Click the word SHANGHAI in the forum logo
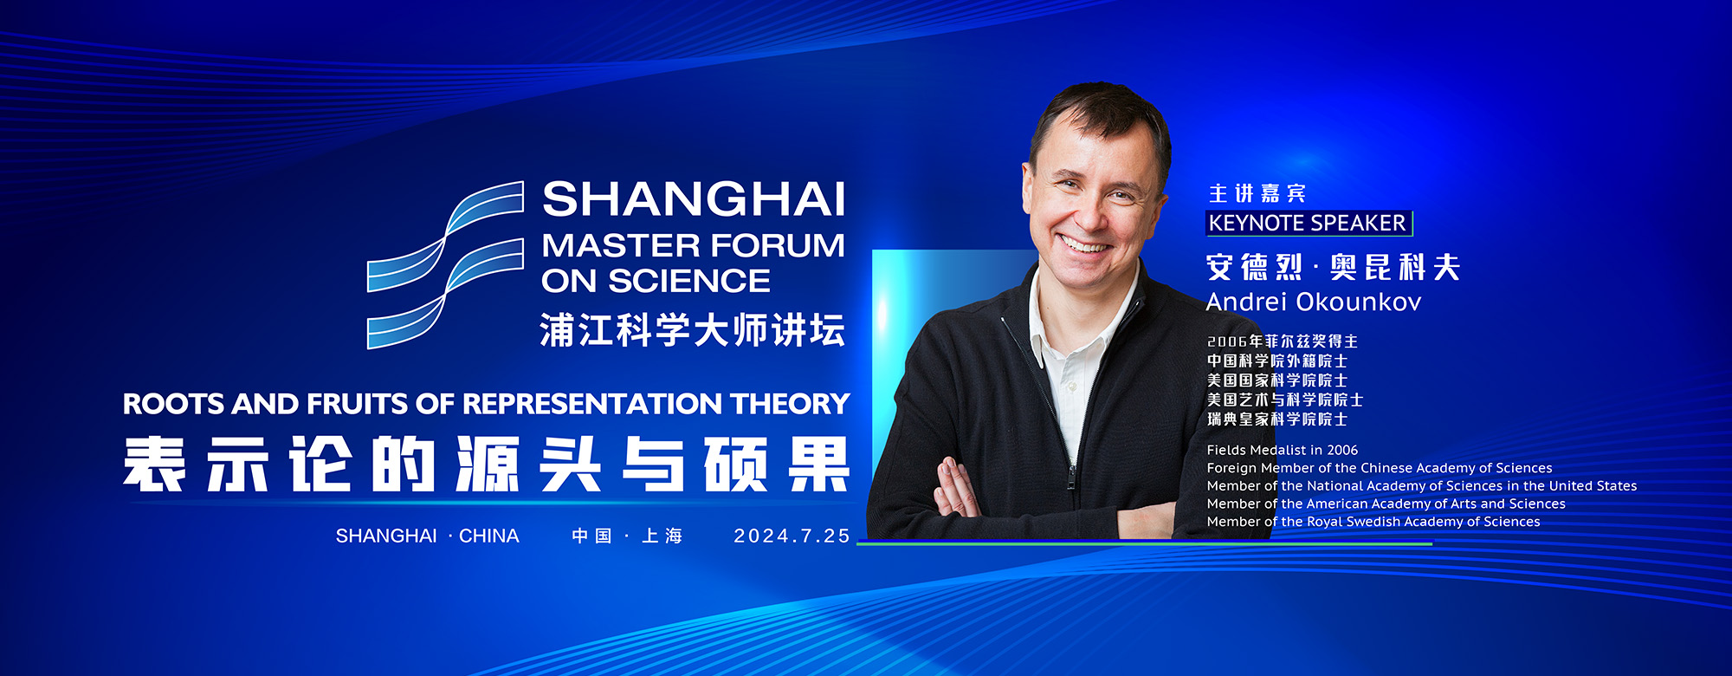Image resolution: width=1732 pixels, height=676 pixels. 694,199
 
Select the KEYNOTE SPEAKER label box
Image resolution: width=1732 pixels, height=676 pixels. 1309,224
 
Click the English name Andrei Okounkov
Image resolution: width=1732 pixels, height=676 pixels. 1314,302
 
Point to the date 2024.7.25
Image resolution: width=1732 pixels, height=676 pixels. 792,536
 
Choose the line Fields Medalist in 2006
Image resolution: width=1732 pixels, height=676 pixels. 1283,450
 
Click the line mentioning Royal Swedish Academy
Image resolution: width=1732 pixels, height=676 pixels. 1373,522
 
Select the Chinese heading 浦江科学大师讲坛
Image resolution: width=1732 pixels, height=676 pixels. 693,330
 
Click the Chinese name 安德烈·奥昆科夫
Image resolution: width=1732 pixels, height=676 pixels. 1333,268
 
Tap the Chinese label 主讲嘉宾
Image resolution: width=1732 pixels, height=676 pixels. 1257,194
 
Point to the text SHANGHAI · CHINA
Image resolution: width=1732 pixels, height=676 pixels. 428,536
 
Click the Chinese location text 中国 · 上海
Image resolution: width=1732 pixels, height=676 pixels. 627,536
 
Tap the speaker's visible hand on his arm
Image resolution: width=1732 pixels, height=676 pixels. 956,488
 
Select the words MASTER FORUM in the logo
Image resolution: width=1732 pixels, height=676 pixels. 693,246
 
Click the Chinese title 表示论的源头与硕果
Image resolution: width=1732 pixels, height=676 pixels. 486,465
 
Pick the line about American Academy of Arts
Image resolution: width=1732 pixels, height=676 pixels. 1386,504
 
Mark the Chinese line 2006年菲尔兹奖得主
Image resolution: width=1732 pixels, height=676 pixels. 1283,341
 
